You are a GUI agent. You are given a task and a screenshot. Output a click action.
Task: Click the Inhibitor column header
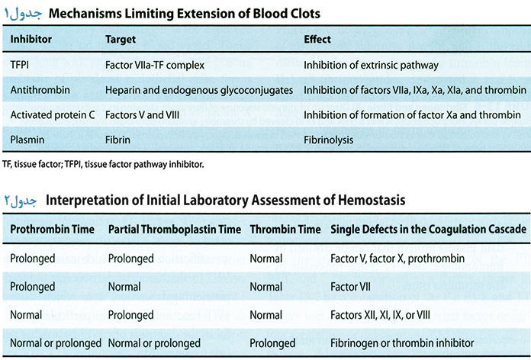(x=31, y=40)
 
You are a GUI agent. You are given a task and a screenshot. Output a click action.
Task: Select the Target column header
(x=121, y=40)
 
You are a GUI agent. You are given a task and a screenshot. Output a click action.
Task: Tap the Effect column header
(x=317, y=40)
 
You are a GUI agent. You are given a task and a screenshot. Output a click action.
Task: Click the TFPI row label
(x=20, y=65)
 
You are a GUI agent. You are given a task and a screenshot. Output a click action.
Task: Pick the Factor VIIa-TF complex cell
(x=155, y=65)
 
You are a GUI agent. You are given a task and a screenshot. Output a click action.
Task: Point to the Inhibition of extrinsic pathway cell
(x=371, y=65)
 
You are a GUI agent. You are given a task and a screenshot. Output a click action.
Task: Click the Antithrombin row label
(x=40, y=90)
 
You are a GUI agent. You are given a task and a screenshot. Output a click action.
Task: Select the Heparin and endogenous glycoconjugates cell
(x=199, y=91)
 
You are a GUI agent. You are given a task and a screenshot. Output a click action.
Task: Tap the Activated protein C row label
(x=53, y=115)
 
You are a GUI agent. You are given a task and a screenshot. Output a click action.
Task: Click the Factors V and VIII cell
(x=142, y=115)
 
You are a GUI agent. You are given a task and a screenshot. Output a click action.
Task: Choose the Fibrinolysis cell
(x=329, y=140)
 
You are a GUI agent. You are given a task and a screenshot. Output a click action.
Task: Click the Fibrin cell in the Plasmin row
(x=117, y=140)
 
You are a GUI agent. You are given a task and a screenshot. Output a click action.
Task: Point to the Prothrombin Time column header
(x=52, y=230)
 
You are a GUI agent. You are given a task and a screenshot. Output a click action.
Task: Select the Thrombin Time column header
(x=285, y=230)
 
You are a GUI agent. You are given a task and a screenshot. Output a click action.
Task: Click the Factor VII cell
(x=350, y=287)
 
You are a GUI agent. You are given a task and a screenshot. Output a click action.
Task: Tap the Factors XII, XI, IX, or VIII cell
(x=380, y=315)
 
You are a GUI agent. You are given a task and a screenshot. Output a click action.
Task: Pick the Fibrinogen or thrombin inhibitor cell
(x=402, y=343)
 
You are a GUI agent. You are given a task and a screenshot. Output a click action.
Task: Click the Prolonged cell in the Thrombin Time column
(x=272, y=343)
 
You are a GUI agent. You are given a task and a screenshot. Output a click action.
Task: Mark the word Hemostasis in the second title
(x=372, y=200)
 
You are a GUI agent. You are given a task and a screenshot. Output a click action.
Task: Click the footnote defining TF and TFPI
(x=103, y=165)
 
